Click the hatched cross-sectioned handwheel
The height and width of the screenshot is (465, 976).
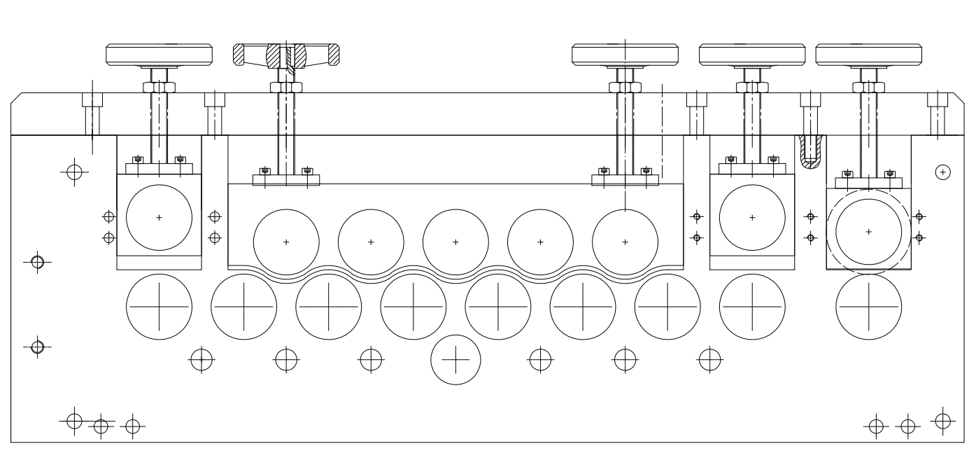286,55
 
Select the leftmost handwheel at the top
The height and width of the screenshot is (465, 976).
159,54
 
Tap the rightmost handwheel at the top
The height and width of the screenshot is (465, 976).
869,54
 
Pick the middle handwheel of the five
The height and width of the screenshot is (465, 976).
625,54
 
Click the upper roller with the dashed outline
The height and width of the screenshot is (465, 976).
869,231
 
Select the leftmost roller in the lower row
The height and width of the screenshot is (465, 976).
159,307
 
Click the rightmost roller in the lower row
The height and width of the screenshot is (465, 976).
869,307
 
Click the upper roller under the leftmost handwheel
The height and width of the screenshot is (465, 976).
159,217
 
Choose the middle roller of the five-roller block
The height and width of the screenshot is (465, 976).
455,242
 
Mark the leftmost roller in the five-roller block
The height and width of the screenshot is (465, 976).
286,242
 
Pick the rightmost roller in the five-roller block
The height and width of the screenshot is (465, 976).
625,242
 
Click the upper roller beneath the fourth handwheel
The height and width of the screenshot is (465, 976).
752,217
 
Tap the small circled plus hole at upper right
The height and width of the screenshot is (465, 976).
942,171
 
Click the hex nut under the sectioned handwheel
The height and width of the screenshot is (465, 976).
286,88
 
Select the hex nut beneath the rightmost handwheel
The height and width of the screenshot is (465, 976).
869,88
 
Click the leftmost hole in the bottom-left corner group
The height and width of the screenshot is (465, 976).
75,421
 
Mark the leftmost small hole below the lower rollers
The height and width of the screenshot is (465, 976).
201,359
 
